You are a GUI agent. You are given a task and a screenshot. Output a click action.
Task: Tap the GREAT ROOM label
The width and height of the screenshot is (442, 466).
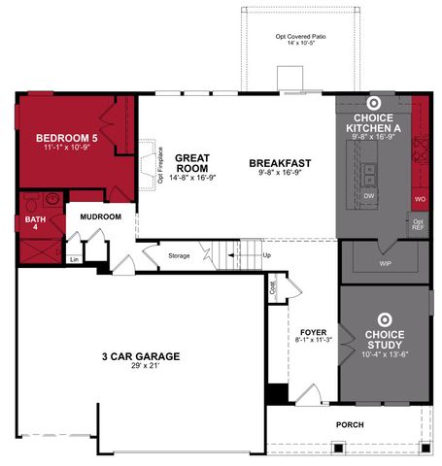coord(192,162)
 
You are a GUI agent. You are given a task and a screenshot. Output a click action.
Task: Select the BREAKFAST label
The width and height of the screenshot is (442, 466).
coord(279,162)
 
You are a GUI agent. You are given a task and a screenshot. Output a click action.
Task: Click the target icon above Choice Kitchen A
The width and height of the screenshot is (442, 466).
coord(374,103)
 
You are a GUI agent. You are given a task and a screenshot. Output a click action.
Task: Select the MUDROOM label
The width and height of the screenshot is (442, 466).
coord(100,216)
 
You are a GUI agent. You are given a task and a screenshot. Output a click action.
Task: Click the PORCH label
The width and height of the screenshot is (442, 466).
coord(349,425)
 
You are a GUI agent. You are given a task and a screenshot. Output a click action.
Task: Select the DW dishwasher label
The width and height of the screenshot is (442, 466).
coord(369,196)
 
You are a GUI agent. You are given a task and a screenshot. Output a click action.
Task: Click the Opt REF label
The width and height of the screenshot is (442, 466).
coord(418,225)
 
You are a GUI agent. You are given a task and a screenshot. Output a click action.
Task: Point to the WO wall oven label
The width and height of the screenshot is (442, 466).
coord(420,199)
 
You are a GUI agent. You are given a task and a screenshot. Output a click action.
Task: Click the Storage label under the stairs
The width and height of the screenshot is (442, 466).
coord(178,255)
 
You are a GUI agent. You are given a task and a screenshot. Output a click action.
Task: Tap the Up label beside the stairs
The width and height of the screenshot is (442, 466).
coord(267,255)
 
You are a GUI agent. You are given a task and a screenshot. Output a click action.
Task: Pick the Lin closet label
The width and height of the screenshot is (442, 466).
coord(73,260)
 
